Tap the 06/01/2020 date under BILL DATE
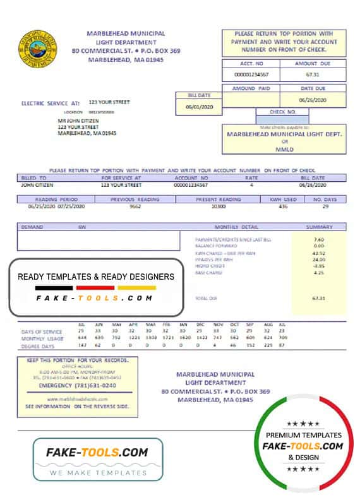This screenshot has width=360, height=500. pos(198,107)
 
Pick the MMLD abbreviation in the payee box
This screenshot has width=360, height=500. pos(284,149)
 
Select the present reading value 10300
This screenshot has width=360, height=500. pos(219,207)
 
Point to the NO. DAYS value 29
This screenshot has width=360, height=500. pos(325,207)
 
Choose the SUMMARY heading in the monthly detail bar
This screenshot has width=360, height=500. pos(319,226)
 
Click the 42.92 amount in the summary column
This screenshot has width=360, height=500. pos(318,253)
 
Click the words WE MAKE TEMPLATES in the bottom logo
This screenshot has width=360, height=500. pos(97,472)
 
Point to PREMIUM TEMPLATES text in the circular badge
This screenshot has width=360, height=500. pos(304,435)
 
